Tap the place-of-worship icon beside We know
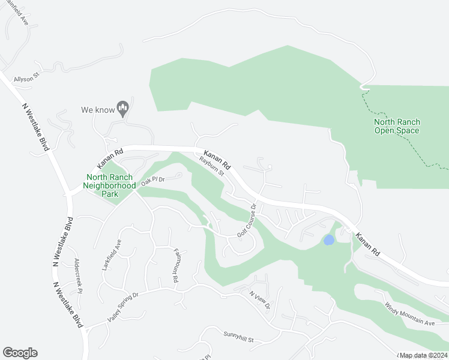[123, 109]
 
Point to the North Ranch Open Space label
[396, 126]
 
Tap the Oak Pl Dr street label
[153, 180]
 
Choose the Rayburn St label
[212, 167]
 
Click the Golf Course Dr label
[247, 220]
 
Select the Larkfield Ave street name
[112, 254]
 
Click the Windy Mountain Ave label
[409, 314]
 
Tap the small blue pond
[328, 240]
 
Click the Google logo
[20, 353]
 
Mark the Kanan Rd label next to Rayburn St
[217, 159]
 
